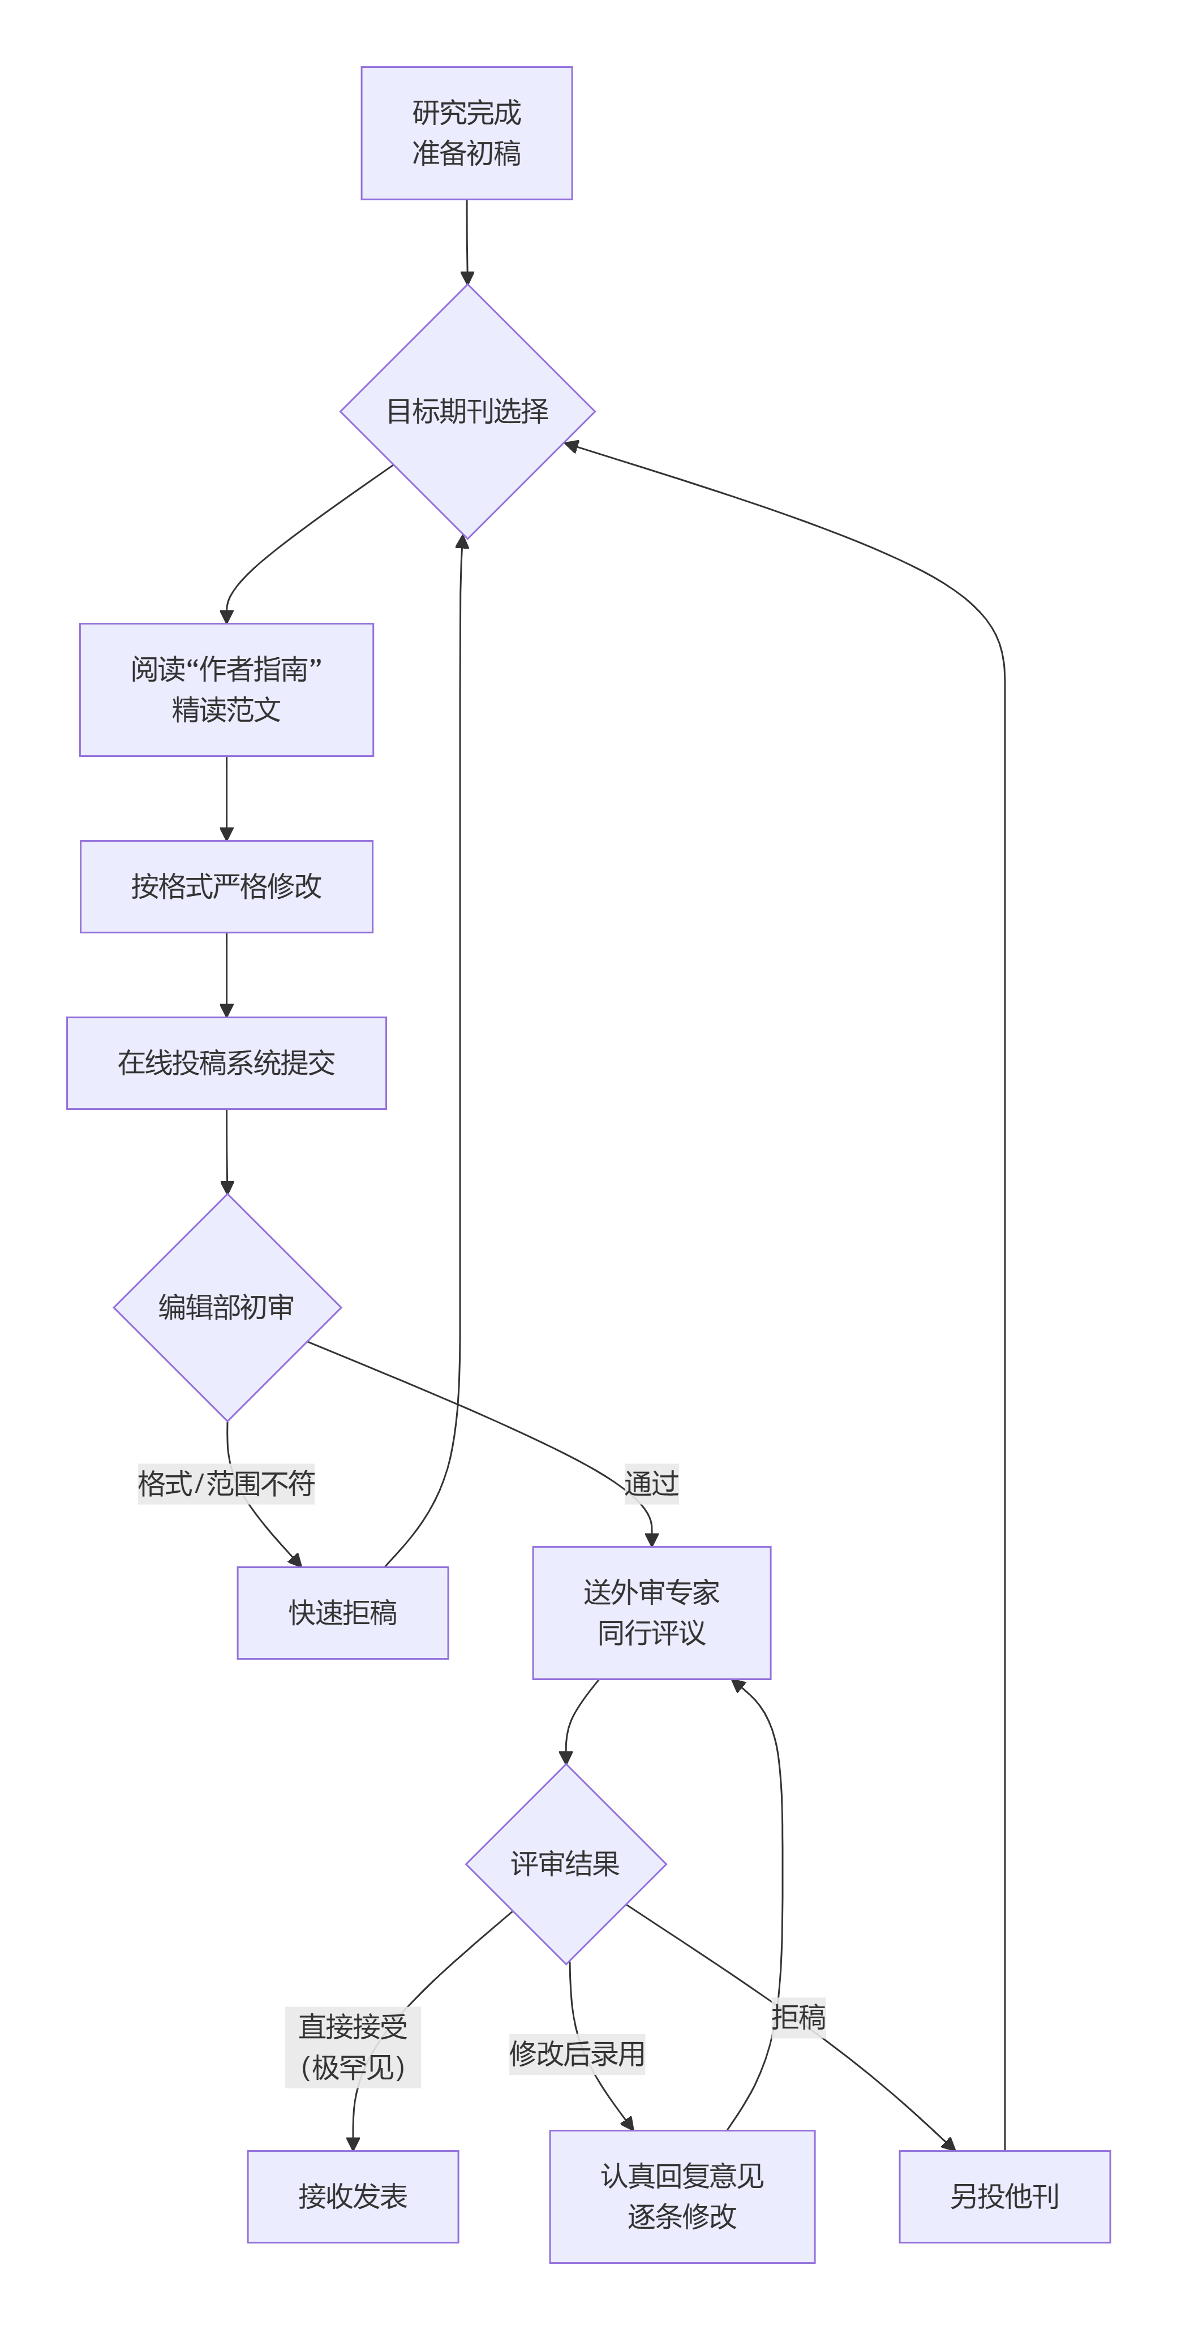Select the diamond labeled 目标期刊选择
467,412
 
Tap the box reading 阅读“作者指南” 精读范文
226,689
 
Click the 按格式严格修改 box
226,886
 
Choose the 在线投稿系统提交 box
226,1063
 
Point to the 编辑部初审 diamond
226,1307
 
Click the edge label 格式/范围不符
226,1483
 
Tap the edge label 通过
651,1483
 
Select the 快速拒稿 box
343,1613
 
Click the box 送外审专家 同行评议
651,1613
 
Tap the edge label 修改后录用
577,2053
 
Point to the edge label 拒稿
798,2017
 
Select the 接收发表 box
353,2196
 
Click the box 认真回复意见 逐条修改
682,2196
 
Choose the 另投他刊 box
1004,2196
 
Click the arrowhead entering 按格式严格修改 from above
226,834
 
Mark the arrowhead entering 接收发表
353,2144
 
